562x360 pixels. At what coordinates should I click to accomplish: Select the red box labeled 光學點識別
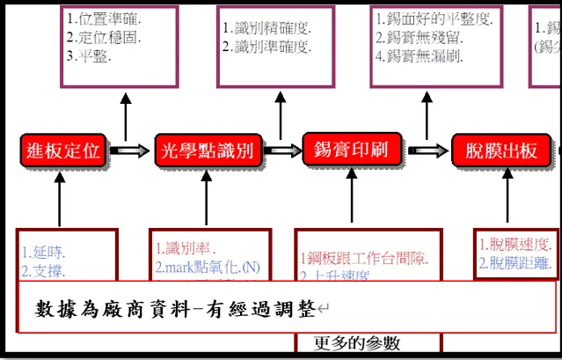pyautogui.click(x=208, y=151)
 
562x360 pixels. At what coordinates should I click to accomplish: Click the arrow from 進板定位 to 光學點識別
pyautogui.click(x=129, y=151)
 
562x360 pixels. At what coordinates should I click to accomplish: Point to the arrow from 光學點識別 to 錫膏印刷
pyautogui.click(x=281, y=151)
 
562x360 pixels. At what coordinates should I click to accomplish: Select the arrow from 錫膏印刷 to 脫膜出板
pyautogui.click(x=426, y=151)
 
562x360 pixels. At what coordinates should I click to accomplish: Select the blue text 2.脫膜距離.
pyautogui.click(x=515, y=262)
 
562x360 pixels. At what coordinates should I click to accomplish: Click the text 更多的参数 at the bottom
pyautogui.click(x=357, y=342)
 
